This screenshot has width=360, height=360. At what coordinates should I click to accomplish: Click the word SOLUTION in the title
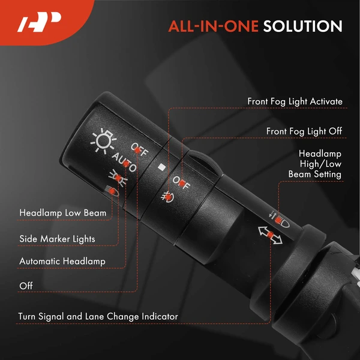pyautogui.click(x=302, y=26)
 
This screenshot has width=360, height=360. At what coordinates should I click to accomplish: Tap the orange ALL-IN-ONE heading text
pyautogui.click(x=214, y=26)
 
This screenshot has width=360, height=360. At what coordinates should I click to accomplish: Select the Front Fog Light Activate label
pyautogui.click(x=295, y=101)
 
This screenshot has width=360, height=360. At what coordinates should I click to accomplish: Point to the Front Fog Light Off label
pyautogui.click(x=304, y=131)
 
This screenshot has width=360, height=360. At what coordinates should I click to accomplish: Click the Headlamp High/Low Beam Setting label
pyautogui.click(x=315, y=164)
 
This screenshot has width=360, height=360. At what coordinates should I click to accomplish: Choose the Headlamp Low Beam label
pyautogui.click(x=62, y=213)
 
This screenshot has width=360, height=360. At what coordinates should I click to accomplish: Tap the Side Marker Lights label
pyautogui.click(x=57, y=239)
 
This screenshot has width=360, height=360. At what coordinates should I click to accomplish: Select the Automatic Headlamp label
pyautogui.click(x=62, y=261)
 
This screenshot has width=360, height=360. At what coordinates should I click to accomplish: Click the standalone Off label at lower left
pyautogui.click(x=26, y=286)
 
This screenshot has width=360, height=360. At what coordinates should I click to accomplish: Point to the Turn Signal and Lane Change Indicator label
pyautogui.click(x=98, y=316)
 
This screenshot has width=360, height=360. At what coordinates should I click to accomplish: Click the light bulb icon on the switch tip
pyautogui.click(x=103, y=140)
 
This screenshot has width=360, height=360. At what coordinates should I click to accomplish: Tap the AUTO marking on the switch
pyautogui.click(x=124, y=162)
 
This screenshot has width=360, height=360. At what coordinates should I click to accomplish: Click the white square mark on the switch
pyautogui.click(x=162, y=167)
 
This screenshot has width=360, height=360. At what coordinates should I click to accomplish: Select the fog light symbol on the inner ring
pyautogui.click(x=167, y=197)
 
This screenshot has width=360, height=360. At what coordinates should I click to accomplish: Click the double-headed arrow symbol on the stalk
pyautogui.click(x=270, y=235)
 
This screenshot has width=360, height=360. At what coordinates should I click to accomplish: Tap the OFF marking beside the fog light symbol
pyautogui.click(x=181, y=183)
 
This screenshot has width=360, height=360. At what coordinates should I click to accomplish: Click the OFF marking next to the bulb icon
pyautogui.click(x=140, y=149)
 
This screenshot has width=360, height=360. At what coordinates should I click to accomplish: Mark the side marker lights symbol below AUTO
pyautogui.click(x=118, y=178)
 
